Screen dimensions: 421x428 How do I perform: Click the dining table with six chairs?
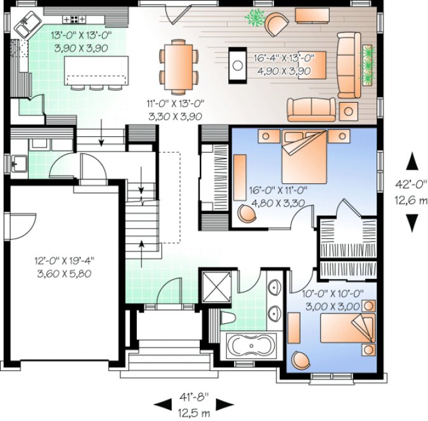(179, 62)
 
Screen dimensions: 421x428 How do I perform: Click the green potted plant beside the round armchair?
(255, 18)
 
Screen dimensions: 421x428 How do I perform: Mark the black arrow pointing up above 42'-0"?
(412, 161)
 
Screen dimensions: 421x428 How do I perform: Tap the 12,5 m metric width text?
(195, 413)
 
